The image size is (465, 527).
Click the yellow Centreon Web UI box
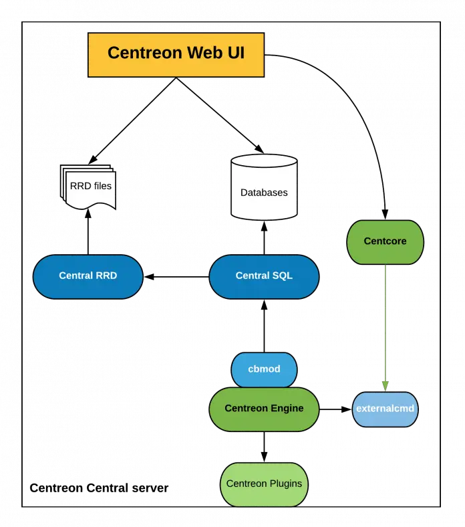pyautogui.click(x=176, y=54)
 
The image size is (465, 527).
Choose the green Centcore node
pyautogui.click(x=385, y=241)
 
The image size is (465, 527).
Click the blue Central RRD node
pyautogui.click(x=88, y=276)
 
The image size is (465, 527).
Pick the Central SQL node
pyautogui.click(x=264, y=276)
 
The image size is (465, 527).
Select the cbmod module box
pyautogui.click(x=264, y=369)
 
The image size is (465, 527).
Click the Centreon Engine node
pyautogui.click(x=264, y=408)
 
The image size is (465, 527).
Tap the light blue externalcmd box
pyautogui.click(x=385, y=409)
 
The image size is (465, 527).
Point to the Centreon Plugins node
pyautogui.click(x=264, y=484)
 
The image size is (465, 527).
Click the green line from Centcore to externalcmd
pyautogui.click(x=385, y=321)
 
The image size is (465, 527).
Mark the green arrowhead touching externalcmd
pyautogui.click(x=385, y=386)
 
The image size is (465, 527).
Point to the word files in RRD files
pyautogui.click(x=102, y=186)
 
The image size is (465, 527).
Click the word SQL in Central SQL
pyautogui.click(x=283, y=276)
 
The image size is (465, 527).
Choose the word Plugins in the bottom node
pyautogui.click(x=285, y=484)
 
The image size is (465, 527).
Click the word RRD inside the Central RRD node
pyautogui.click(x=106, y=276)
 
